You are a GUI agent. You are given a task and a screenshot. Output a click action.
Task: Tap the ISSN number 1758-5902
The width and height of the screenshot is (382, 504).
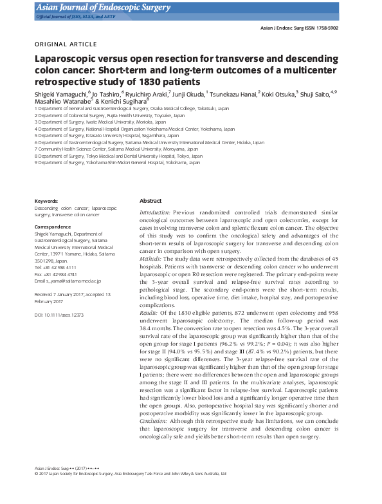[322, 29]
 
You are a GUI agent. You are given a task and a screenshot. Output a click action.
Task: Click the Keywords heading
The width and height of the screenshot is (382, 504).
[46, 201]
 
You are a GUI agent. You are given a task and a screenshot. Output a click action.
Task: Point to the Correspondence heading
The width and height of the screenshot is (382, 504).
[53, 227]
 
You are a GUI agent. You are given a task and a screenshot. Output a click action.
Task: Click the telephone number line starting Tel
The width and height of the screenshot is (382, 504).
[55, 266]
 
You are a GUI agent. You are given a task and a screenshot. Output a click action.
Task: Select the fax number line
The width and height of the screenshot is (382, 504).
[55, 274]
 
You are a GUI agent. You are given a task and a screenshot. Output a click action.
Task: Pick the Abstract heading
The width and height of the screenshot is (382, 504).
[150, 201]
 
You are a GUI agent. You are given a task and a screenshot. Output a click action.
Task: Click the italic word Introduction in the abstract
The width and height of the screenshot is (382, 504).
[154, 212]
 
